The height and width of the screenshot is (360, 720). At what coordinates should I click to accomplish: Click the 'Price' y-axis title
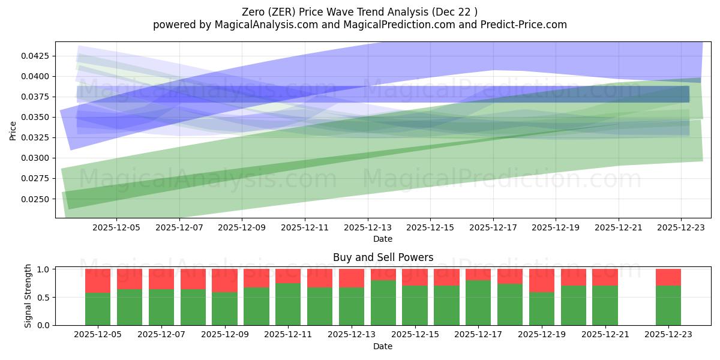pyautogui.click(x=13, y=130)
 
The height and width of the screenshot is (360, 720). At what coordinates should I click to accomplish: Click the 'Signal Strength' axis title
pyautogui.click(x=28, y=296)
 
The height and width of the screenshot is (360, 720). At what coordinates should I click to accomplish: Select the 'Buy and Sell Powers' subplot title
pyautogui.click(x=383, y=257)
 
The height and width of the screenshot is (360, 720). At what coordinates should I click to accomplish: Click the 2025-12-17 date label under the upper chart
pyautogui.click(x=493, y=228)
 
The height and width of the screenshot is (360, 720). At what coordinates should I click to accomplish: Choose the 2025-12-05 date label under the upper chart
pyautogui.click(x=116, y=228)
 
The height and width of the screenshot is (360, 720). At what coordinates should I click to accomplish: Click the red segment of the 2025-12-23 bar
pyautogui.click(x=668, y=277)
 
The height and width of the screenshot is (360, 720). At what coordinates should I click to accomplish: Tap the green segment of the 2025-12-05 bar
pyautogui.click(x=98, y=309)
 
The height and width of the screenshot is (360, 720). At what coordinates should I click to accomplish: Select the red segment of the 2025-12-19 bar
pyautogui.click(x=542, y=280)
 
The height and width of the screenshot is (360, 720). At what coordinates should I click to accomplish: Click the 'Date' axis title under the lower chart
pyautogui.click(x=383, y=346)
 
